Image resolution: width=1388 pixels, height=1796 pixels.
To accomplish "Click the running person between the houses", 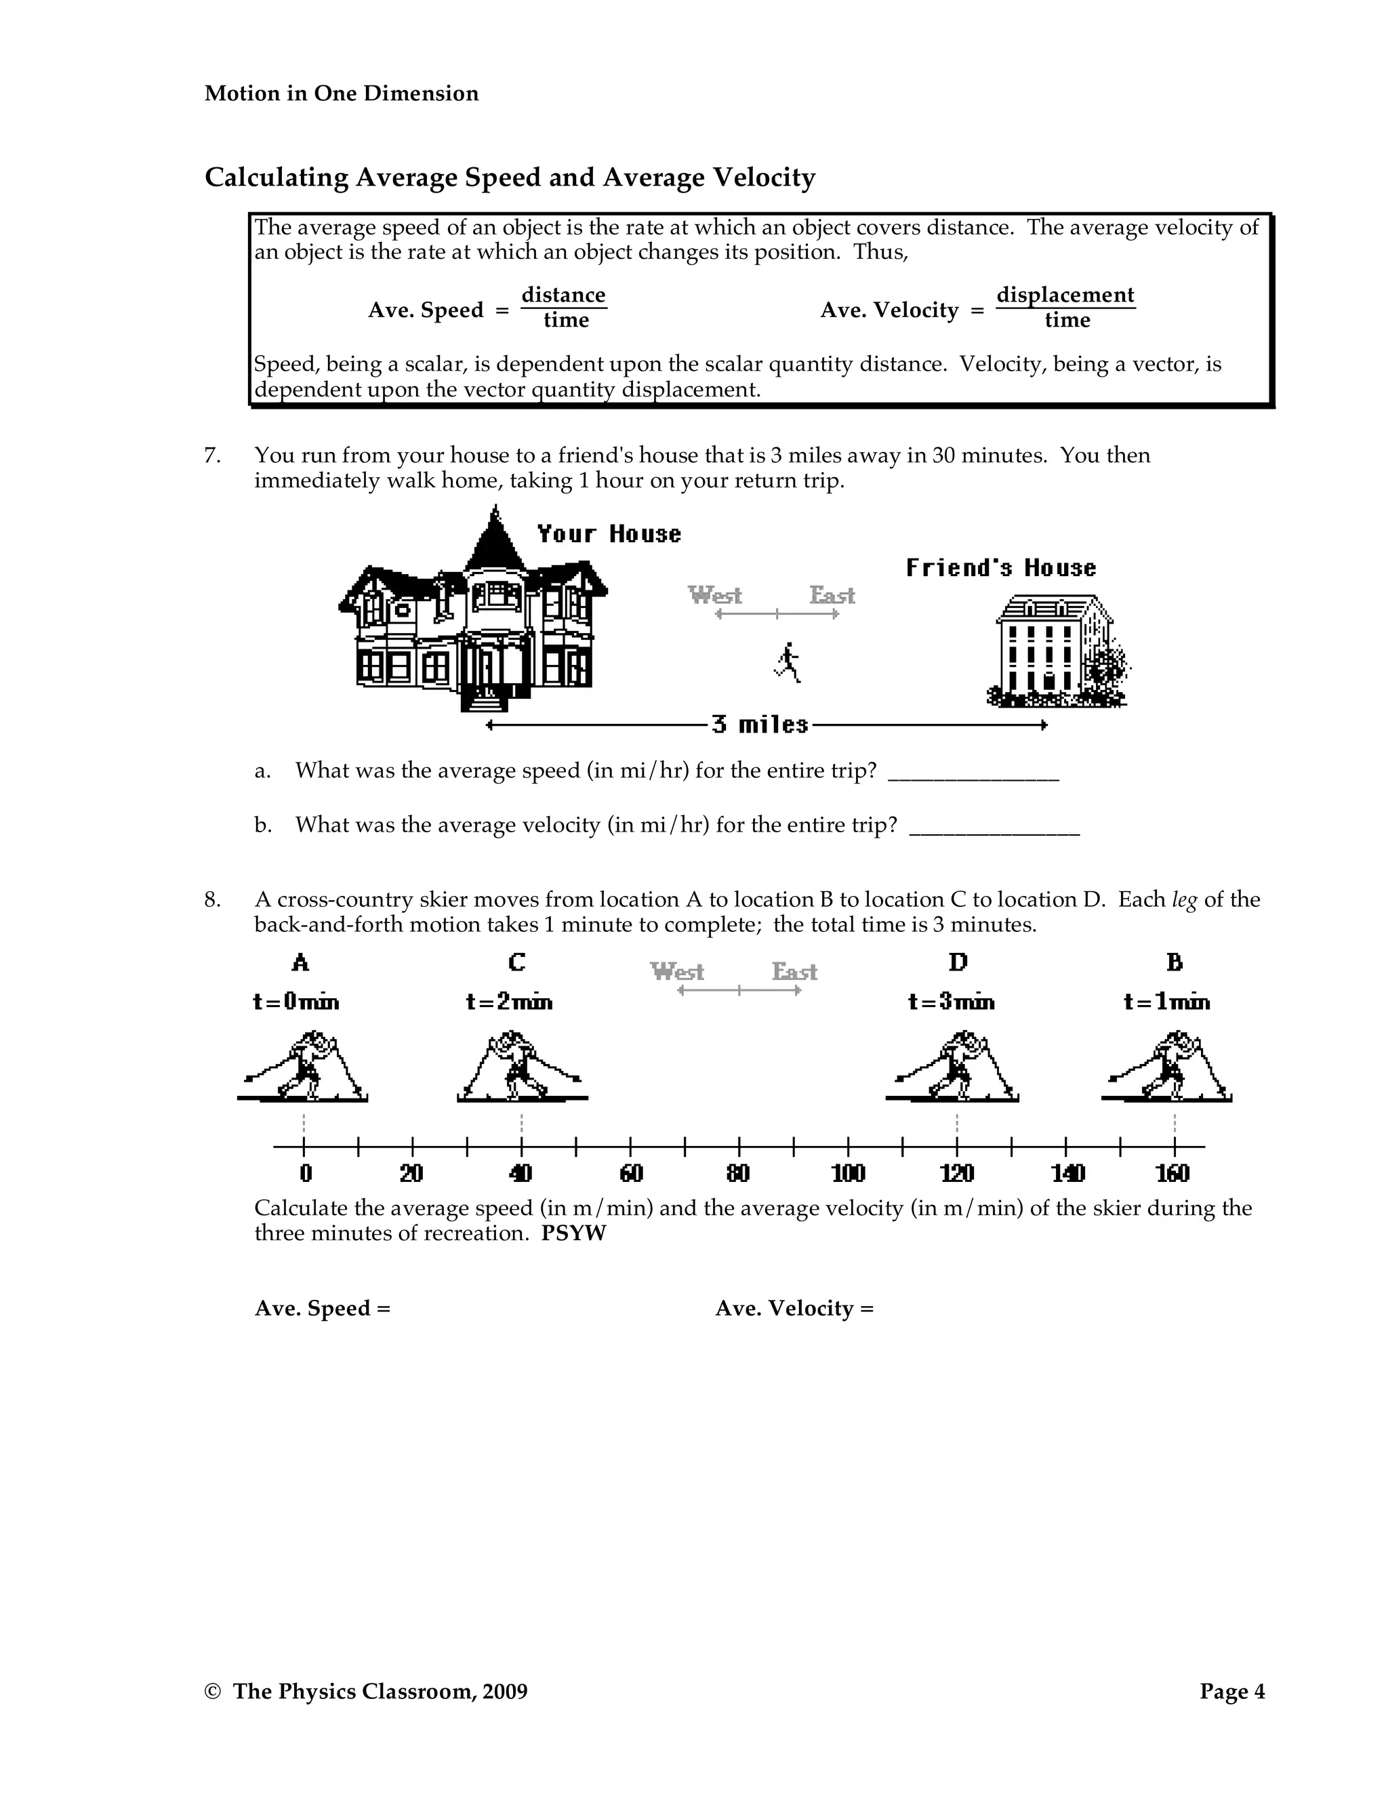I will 788,662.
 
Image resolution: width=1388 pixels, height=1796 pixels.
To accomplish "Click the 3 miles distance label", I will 760,724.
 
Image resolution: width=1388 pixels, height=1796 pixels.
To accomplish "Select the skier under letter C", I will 521,1067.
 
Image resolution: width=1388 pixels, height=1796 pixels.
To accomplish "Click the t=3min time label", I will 951,1002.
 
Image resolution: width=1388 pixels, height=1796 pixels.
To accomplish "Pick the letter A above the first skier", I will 300,962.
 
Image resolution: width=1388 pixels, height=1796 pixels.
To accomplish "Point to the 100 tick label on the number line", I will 848,1173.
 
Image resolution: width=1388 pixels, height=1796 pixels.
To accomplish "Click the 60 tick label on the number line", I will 631,1173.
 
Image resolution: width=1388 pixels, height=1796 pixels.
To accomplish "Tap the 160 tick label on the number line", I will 1172,1173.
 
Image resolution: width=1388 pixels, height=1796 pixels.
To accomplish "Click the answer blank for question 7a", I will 974,773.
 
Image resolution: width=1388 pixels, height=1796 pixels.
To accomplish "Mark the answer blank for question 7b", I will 994,828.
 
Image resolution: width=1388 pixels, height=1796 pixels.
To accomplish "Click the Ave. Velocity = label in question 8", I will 794,1307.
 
